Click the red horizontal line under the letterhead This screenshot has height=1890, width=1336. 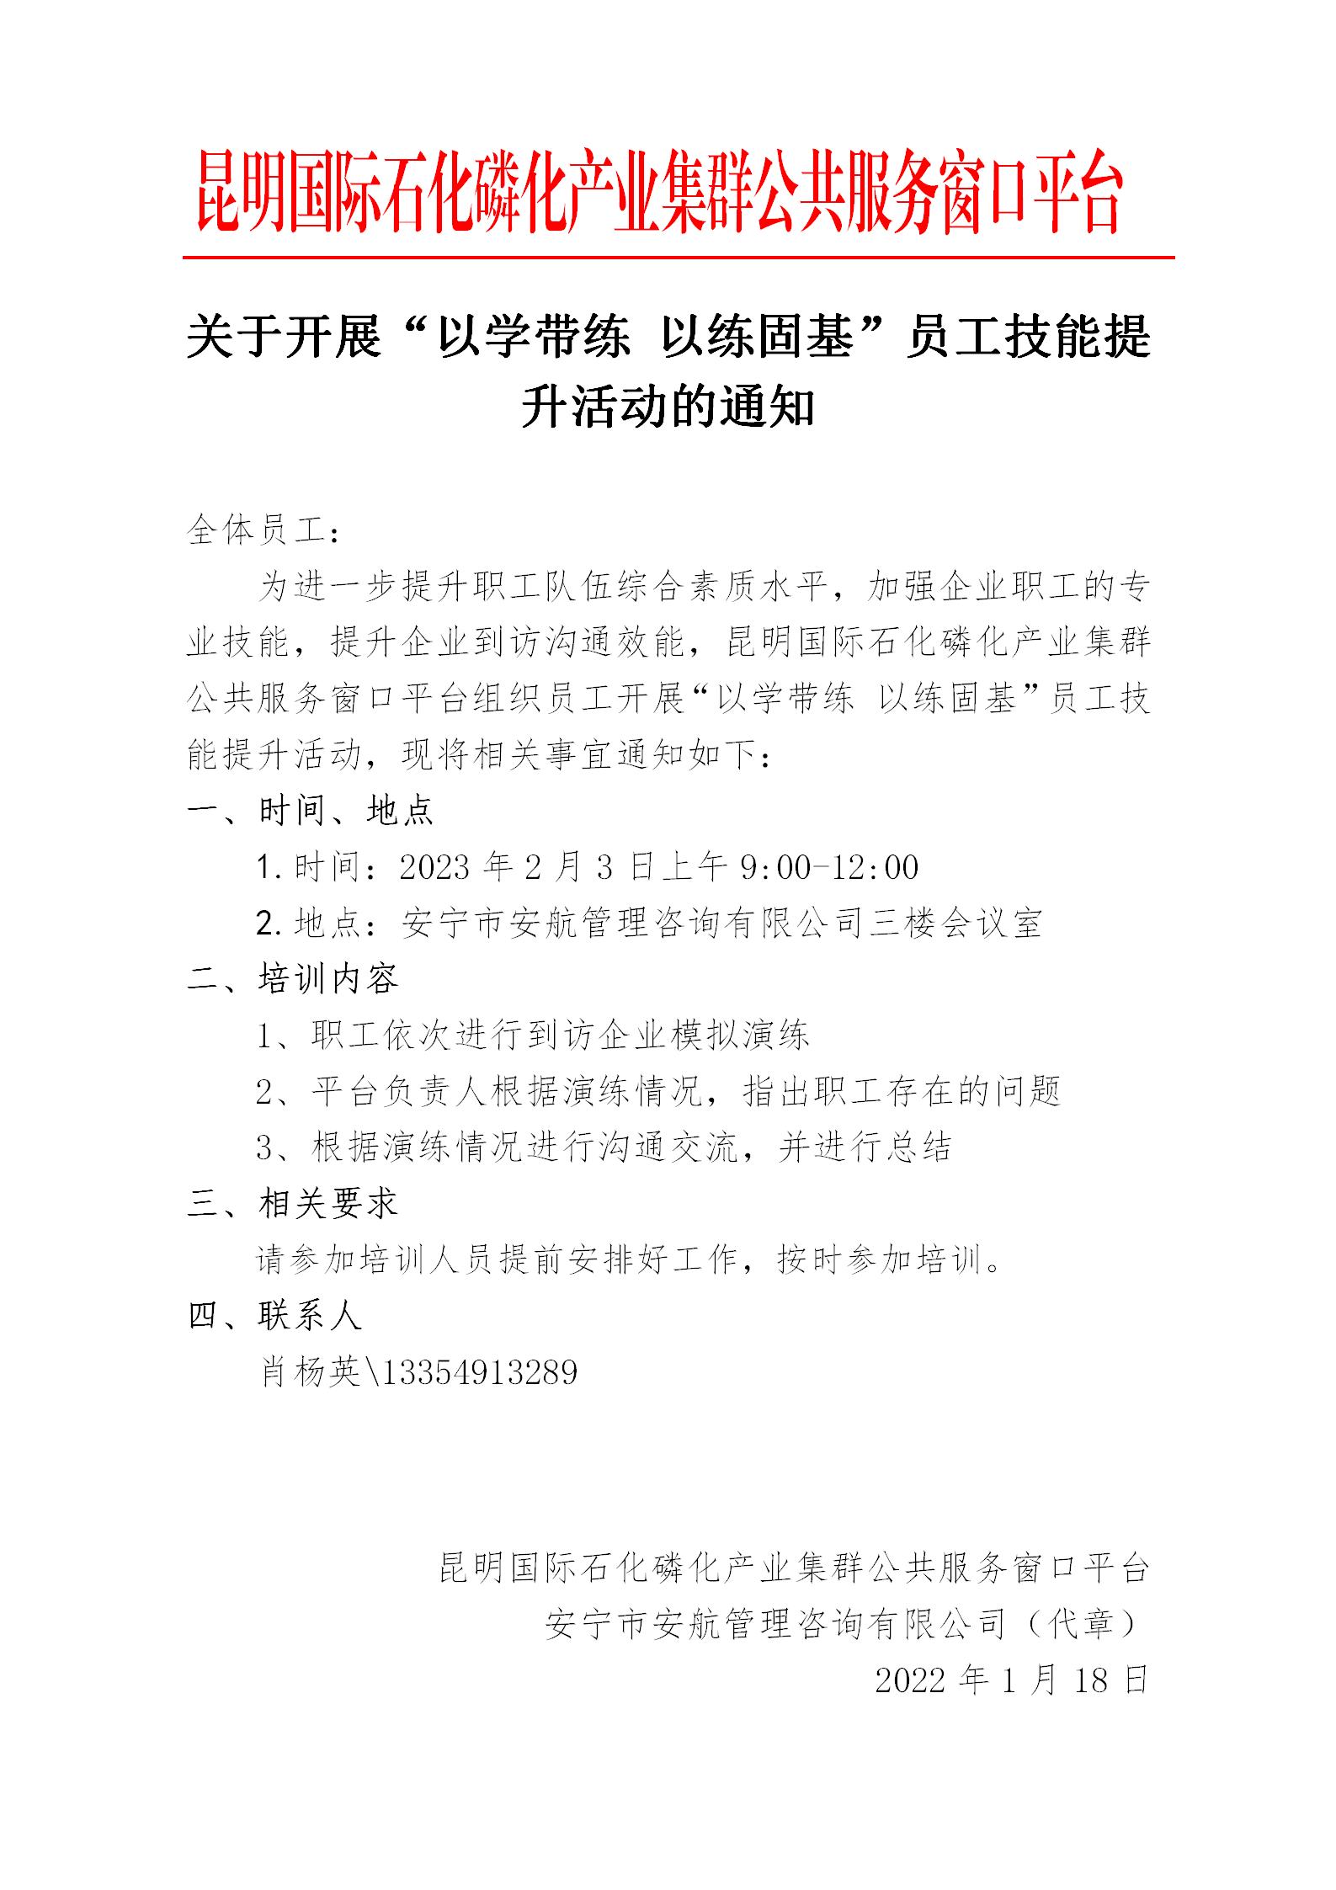678,257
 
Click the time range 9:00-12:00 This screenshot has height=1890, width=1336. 829,867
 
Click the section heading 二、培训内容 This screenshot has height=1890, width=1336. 292,979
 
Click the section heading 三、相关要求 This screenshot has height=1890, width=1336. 292,1204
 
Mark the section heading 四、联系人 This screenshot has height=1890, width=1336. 274,1315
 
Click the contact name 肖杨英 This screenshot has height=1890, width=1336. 309,1372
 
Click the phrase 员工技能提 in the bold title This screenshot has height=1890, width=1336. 1027,338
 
